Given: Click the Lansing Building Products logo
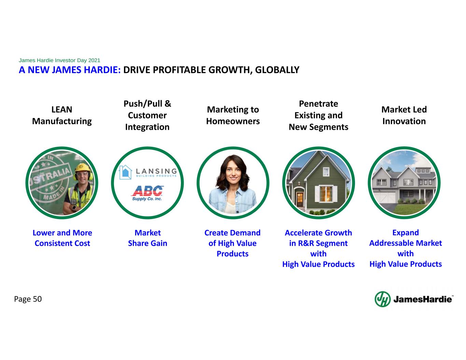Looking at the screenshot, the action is coord(148,172).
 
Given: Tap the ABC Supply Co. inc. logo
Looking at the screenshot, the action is coord(147,193).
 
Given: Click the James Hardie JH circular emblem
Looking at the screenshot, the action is coord(382,299).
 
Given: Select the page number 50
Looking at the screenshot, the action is coord(37,299).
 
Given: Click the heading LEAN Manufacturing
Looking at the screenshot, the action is coord(62,115).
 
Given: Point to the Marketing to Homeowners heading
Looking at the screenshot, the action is coord(233,115).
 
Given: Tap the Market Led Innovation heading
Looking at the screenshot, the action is coord(404,115).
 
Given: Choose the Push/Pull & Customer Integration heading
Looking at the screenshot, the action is coord(147,115).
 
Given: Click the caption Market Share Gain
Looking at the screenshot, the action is coord(147,238).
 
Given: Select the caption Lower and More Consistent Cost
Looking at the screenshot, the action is coord(62,238).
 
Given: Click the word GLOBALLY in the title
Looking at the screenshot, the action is coord(277,70).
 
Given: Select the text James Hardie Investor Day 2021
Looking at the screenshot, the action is coord(59,60).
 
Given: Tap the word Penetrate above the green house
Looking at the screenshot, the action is coord(319,104).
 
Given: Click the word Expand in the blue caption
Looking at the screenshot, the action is coord(406,233).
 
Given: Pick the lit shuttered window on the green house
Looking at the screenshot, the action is coord(326,194).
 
